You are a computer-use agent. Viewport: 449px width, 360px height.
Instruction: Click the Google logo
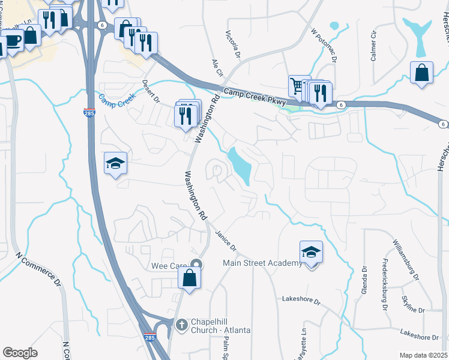pos(20,353)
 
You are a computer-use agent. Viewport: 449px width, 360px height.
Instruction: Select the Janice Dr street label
pos(227,242)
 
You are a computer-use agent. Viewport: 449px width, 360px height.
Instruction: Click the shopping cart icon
pos(297,85)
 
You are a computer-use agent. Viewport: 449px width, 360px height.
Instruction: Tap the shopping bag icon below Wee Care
pos(189,278)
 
